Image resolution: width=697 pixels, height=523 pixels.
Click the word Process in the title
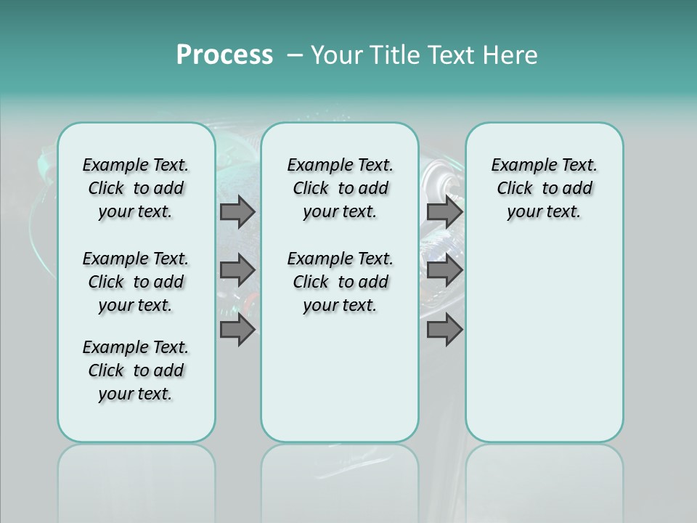(224, 55)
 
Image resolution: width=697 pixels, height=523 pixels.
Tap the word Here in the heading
(510, 55)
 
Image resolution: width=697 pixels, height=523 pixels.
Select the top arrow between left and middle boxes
(237, 211)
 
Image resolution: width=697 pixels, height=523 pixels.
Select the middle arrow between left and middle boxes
(237, 270)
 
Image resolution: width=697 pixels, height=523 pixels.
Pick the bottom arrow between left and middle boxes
(237, 330)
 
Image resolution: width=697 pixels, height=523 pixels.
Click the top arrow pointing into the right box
(444, 211)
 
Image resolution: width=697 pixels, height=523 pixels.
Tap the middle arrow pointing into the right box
(444, 270)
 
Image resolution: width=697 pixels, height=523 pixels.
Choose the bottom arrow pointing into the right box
(444, 330)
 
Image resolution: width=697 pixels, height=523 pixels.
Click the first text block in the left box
(136, 188)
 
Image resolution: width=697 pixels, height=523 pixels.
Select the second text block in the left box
(136, 282)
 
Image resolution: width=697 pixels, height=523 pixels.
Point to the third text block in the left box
(136, 370)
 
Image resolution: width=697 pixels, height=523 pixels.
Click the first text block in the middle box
(340, 188)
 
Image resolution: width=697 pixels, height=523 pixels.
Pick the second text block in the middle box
(340, 282)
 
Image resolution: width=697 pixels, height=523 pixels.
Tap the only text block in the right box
(545, 188)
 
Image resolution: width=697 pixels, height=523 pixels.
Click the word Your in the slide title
(335, 55)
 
